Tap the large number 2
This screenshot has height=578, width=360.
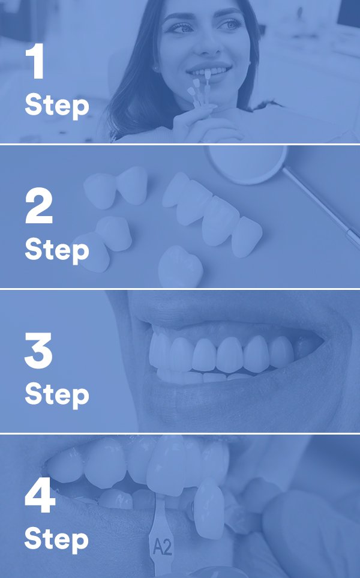(38, 205)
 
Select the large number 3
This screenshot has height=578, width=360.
(38, 350)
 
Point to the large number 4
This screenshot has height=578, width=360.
(40, 495)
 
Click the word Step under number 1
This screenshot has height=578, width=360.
(57, 106)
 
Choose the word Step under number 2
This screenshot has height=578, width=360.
(57, 251)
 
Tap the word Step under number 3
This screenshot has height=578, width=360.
(57, 395)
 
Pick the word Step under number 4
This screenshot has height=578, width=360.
(57, 540)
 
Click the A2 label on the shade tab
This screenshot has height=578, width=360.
(162, 547)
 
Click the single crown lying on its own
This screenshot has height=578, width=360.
(180, 266)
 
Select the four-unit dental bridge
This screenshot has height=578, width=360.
(212, 214)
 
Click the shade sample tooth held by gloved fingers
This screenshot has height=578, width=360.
(209, 508)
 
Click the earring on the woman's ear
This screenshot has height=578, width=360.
(155, 68)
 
